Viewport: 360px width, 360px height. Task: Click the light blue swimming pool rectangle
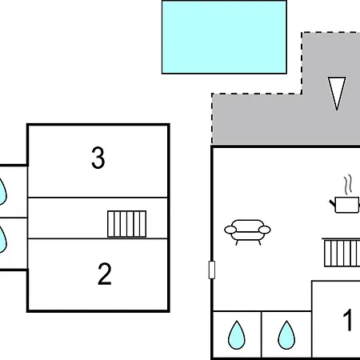(224, 37)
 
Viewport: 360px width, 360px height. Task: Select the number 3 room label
(98, 158)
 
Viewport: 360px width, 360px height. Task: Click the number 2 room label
(104, 274)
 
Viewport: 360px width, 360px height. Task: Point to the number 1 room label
(348, 321)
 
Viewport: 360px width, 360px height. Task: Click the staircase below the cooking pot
(341, 253)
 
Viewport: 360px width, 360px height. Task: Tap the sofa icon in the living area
(247, 231)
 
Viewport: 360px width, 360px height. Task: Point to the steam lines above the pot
(348, 184)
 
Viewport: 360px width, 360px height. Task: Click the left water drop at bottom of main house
(237, 335)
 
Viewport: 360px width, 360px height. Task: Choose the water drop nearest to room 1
(286, 335)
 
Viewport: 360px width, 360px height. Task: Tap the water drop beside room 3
(2, 189)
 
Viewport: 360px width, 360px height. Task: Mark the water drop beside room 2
(2, 238)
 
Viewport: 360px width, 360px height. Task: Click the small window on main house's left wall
(212, 270)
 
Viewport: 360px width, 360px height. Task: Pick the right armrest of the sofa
(266, 230)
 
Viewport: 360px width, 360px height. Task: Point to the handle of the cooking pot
(332, 206)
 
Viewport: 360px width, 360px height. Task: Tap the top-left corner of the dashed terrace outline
(212, 94)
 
